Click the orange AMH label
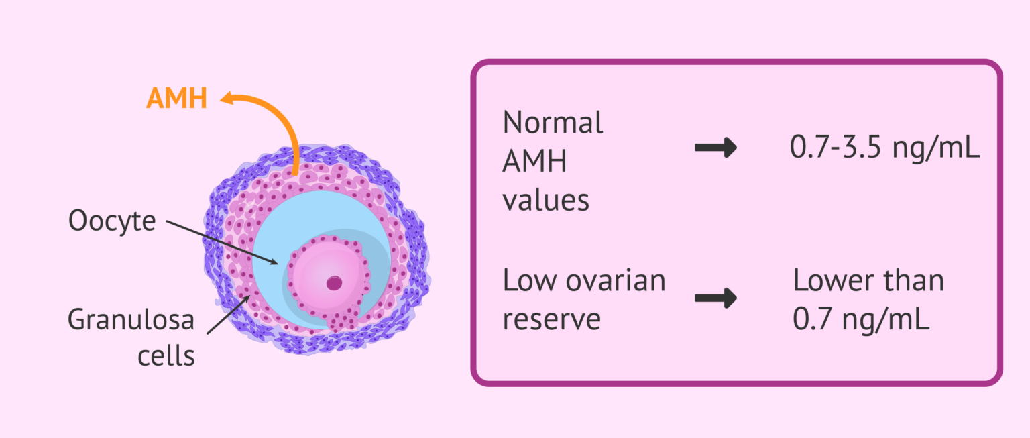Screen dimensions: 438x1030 (176, 99)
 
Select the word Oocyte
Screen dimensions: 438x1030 (111, 221)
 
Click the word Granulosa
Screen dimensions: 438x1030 (131, 320)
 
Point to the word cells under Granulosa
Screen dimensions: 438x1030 (166, 355)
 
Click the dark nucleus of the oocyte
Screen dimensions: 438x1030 (334, 283)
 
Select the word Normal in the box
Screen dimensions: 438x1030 (553, 123)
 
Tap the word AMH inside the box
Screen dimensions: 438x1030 (535, 162)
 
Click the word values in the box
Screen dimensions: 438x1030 (546, 200)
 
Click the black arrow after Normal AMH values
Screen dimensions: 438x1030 (716, 149)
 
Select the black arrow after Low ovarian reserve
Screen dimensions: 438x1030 (716, 299)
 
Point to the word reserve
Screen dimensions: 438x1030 (551, 320)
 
